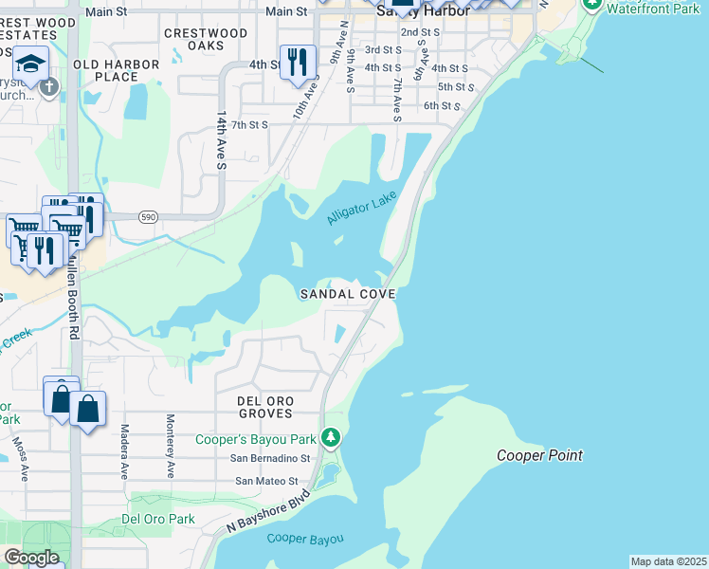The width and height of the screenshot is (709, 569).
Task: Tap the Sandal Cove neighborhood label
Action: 347,295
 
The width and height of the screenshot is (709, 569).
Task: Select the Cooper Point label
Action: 540,456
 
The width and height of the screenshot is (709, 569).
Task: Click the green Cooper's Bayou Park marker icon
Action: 331,438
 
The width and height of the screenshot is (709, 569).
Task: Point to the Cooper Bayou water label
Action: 304,539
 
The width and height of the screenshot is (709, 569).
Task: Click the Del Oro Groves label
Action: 265,408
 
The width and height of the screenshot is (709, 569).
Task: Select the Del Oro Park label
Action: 158,520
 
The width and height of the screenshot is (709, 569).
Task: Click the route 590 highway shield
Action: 148,217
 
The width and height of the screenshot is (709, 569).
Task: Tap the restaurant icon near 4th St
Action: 298,62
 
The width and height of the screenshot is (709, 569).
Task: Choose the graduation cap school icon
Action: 31,64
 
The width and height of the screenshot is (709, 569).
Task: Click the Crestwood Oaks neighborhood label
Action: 206,39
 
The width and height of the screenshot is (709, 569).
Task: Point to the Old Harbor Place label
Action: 105,70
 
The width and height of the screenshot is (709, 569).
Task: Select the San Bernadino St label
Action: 272,458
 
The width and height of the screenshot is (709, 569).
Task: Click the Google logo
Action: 31,558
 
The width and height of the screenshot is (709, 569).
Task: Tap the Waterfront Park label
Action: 652,9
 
